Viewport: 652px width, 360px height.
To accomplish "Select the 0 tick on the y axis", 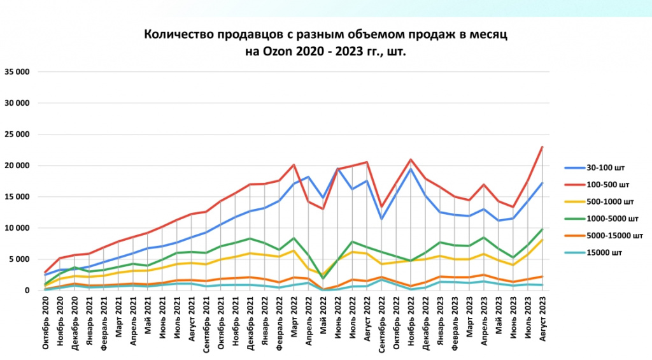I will (x=27, y=291).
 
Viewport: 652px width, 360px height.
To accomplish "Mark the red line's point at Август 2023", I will (x=542, y=147).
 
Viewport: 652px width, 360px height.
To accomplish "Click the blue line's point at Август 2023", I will (x=542, y=183).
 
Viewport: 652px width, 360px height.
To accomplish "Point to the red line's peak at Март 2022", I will (x=293, y=164).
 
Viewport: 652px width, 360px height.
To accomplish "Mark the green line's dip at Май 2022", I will (x=323, y=278).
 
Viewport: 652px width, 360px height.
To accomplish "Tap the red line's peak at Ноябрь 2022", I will (x=411, y=159).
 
